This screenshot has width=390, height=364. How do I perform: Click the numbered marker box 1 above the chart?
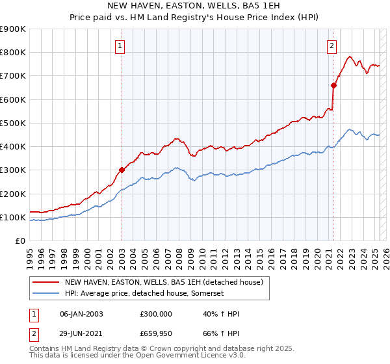[122, 45]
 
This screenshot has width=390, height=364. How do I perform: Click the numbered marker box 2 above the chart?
[331, 45]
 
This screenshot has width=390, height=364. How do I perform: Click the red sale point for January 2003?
[122, 170]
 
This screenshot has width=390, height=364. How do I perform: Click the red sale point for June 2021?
[333, 85]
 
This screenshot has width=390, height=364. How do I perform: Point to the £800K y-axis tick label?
[13, 53]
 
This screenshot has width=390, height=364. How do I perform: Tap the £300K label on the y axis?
[13, 170]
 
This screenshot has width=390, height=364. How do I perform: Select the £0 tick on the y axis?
[19, 241]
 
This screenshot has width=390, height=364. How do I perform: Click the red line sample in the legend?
[45, 282]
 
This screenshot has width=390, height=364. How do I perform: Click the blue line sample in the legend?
[45, 294]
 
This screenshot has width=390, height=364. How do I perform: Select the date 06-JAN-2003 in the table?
[81, 314]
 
